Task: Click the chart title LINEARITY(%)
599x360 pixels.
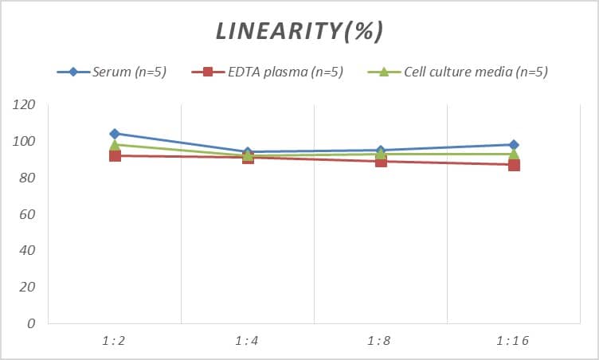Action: coord(299,31)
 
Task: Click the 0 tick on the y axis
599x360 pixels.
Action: coord(31,323)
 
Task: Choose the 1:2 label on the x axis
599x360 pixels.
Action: coord(115,340)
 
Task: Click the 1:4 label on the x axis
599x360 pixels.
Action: coord(248,340)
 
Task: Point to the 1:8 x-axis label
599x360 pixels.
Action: coord(381,340)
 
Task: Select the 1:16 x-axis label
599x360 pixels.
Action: coord(514,340)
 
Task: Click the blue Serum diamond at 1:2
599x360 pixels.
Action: coord(115,134)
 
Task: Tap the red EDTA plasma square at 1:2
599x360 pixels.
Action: coord(115,155)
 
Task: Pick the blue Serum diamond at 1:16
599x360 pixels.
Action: coord(514,145)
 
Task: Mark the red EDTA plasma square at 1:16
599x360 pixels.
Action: coord(514,165)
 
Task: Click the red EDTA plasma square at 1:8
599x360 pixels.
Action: coord(381,161)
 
